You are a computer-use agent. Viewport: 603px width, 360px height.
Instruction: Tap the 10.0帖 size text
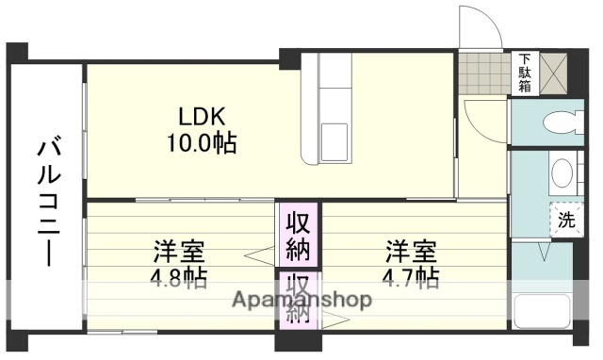pyautogui.click(x=203, y=143)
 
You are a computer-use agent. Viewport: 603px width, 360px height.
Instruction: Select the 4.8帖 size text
pyautogui.click(x=180, y=279)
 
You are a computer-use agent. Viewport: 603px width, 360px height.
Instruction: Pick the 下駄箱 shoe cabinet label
pyautogui.click(x=524, y=73)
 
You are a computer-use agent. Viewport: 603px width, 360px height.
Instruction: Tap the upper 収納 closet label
pyautogui.click(x=299, y=237)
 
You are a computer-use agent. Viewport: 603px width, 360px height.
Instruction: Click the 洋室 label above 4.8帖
pyautogui.click(x=180, y=252)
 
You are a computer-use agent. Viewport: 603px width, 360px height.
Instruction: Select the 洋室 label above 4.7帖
pyautogui.click(x=411, y=252)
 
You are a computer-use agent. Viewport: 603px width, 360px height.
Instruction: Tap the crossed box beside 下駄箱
pyautogui.click(x=553, y=73)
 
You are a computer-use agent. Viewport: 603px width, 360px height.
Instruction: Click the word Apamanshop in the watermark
pyautogui.click(x=301, y=300)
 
